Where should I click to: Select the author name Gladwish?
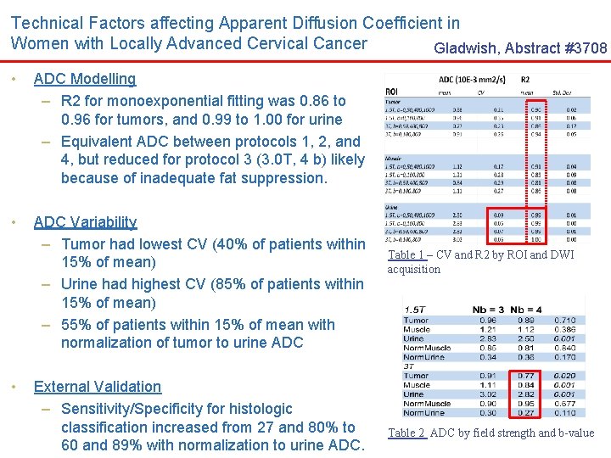pyautogui.click(x=467, y=49)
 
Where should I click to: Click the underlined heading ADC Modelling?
pyautogui.click(x=84, y=79)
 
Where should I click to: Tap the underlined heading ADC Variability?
pyautogui.click(x=85, y=222)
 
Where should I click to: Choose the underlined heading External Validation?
pyautogui.click(x=97, y=387)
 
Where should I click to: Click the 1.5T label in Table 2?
pyautogui.click(x=417, y=310)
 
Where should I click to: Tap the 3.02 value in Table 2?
pyautogui.click(x=487, y=394)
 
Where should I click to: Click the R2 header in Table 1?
pyautogui.click(x=525, y=80)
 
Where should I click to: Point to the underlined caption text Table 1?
pyautogui.click(x=406, y=254)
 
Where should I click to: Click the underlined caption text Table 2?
pyautogui.click(x=406, y=433)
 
